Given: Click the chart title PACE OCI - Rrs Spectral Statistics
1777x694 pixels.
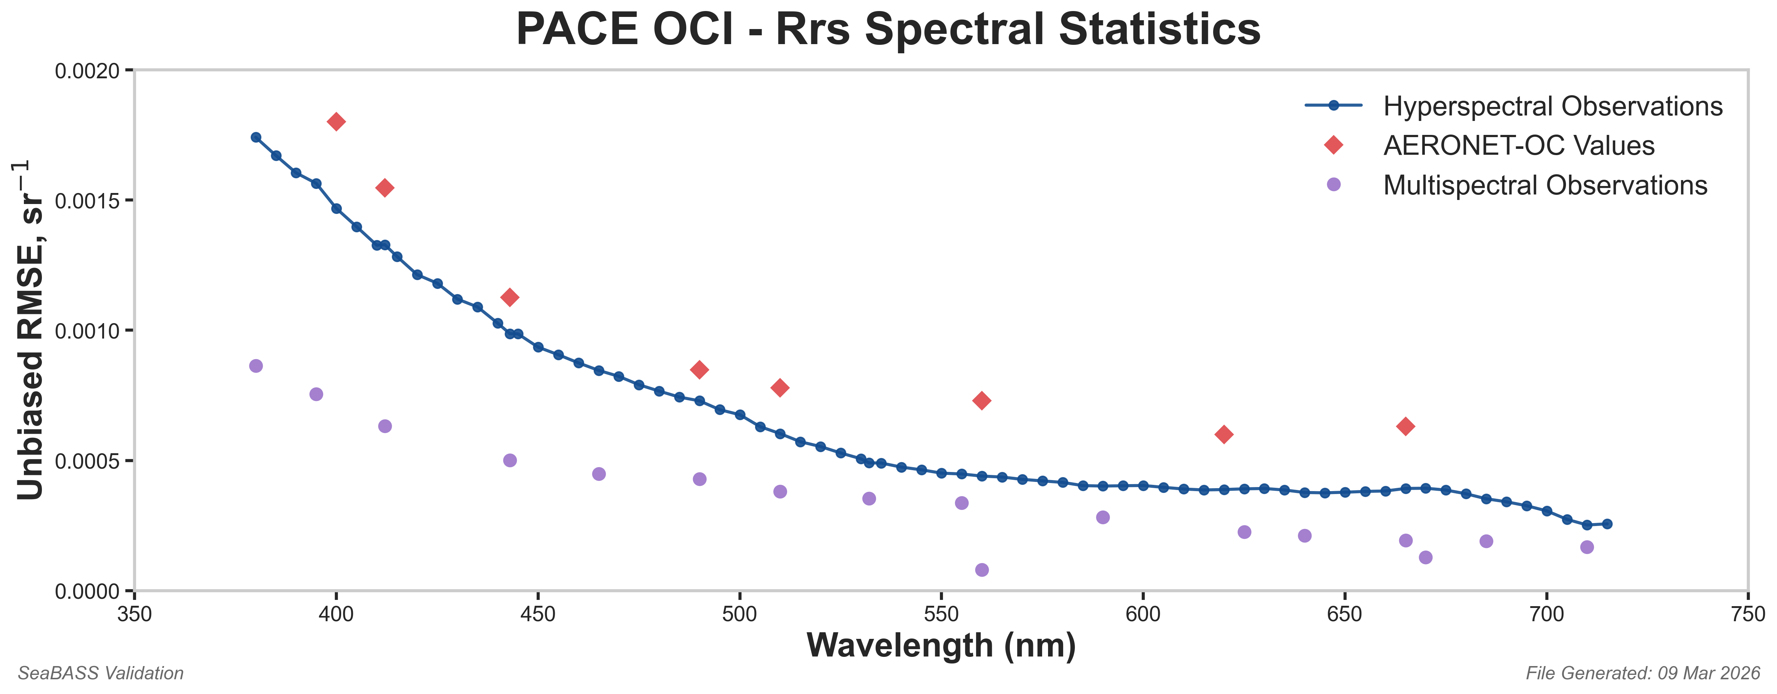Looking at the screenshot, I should point(888,29).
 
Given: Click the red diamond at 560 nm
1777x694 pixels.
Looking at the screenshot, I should point(982,401).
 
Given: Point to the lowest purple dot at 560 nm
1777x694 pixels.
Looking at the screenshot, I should point(982,570).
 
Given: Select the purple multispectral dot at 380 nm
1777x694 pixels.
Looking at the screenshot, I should point(256,366).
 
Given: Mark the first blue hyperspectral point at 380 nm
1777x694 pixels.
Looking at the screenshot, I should point(256,137).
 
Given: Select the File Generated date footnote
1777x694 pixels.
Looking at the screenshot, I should point(1642,673).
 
